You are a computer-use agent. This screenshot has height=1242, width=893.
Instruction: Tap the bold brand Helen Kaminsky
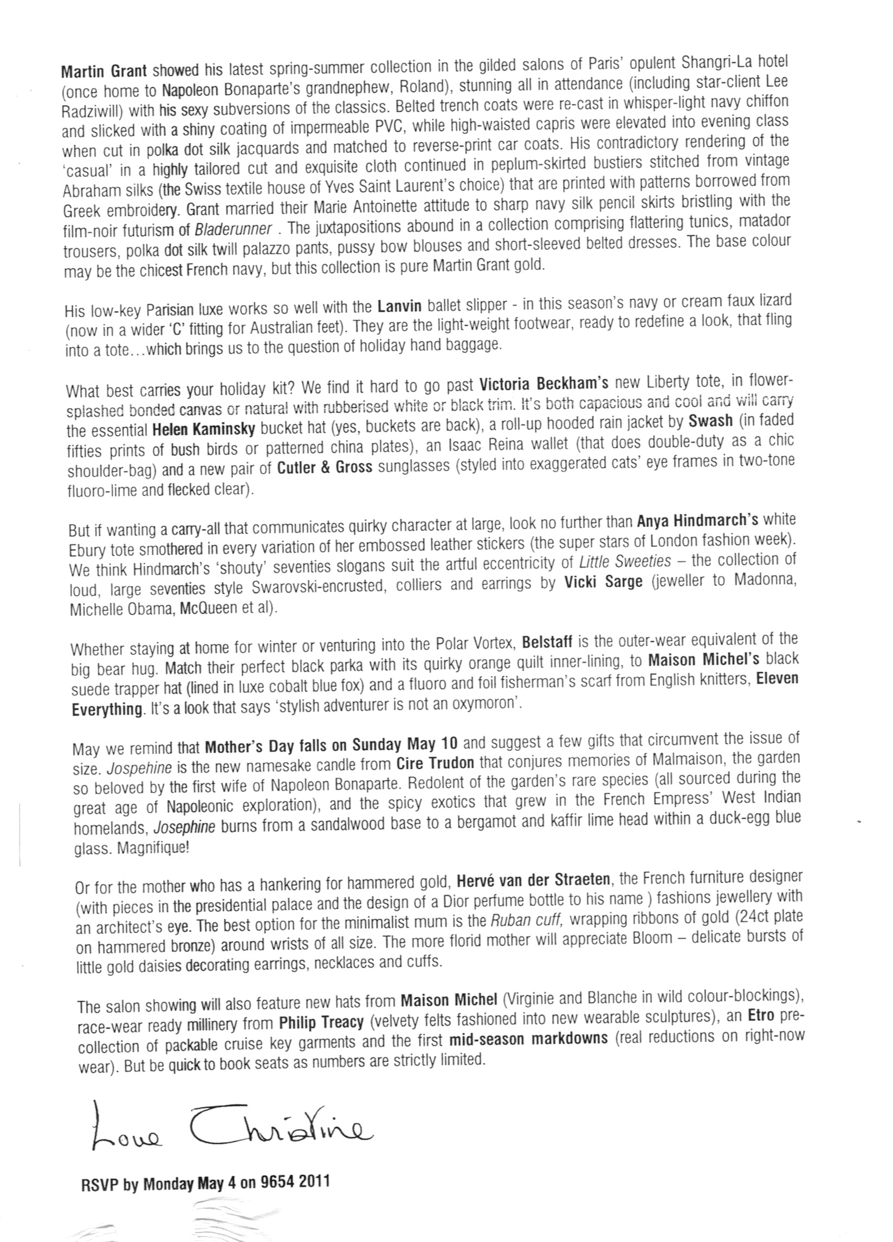click(x=204, y=429)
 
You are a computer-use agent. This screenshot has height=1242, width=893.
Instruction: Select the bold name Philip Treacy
click(x=321, y=1022)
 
